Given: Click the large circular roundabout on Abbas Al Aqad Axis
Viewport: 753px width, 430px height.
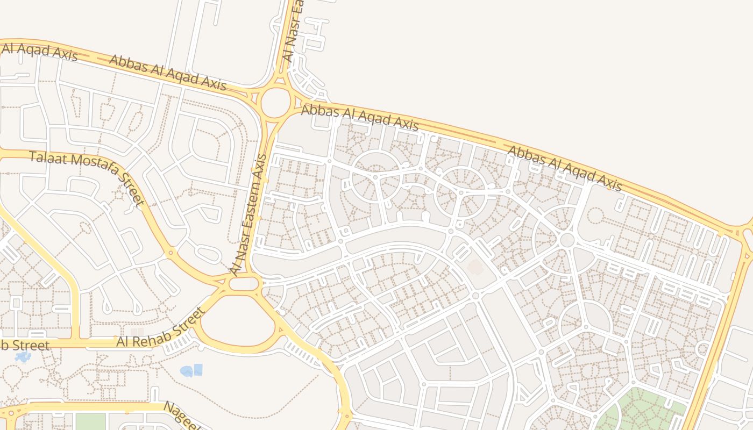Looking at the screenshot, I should (x=276, y=101).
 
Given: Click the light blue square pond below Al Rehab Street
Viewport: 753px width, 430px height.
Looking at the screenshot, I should (x=198, y=369).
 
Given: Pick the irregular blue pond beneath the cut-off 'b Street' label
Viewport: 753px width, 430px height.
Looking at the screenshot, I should (x=23, y=357).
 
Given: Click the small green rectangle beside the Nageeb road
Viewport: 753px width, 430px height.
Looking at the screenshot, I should (x=90, y=421).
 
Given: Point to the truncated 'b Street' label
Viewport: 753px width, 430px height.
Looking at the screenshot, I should (x=25, y=345).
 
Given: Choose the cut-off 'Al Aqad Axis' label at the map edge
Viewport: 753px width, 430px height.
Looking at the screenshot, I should (x=40, y=51).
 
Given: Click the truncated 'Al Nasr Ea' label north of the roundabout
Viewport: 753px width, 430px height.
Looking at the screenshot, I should (x=293, y=32).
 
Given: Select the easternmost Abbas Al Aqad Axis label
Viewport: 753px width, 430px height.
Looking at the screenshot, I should (x=565, y=168).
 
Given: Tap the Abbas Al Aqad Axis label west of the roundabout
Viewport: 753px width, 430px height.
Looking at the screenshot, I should (x=167, y=71).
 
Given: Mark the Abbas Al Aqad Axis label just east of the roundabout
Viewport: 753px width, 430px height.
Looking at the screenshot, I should (x=359, y=117).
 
